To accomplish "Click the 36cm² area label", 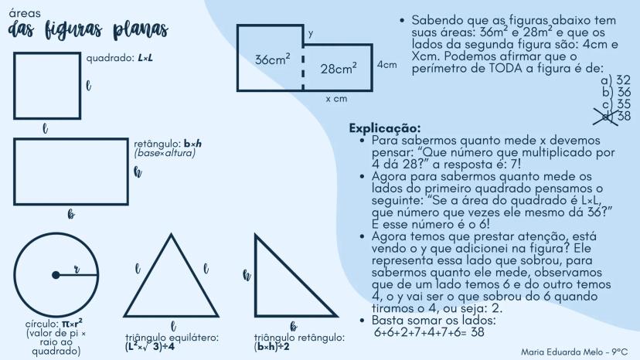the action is pos(273,59).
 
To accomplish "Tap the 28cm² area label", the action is pos(339,69).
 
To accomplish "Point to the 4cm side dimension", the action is pos(387,64).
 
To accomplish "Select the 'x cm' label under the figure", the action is pos(336,99).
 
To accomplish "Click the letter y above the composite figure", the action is pos(311,33).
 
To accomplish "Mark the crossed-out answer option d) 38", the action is pos(612,116).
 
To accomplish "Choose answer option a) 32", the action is pos(615,80).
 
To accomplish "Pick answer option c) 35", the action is pos(616,104).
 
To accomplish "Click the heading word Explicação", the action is pos(385,128).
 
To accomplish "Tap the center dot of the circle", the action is pos(56,275).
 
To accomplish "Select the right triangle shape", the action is pos(256,277).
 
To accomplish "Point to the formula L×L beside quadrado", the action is pos(145,58).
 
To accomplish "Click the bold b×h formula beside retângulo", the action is pos(192,144).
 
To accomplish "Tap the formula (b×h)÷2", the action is pos(272,347).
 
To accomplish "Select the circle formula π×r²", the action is pos(72,324).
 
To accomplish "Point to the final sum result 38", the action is pos(477,332).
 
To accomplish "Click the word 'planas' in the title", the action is pos(141,30).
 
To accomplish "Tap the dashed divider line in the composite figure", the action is pos(303,73).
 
